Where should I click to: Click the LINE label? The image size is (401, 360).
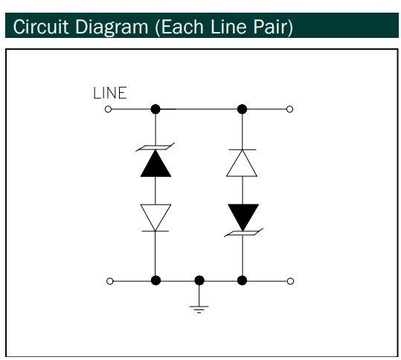110,93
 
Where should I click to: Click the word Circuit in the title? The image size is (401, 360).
41,27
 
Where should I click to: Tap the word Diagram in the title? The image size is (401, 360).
112,28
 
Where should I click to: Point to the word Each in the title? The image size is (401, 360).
182,27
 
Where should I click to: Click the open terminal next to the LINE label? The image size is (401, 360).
108,109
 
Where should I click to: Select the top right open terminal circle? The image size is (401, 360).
289,109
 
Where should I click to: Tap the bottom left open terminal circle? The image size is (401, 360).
109,281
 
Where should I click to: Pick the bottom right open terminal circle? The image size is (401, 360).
290,281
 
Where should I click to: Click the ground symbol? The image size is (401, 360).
199,309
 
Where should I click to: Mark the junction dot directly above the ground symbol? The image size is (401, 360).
199,280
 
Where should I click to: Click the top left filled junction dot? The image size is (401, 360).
155,109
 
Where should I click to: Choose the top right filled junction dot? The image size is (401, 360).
242,109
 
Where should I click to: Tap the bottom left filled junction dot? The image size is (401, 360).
155,280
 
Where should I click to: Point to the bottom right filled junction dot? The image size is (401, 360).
242,280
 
